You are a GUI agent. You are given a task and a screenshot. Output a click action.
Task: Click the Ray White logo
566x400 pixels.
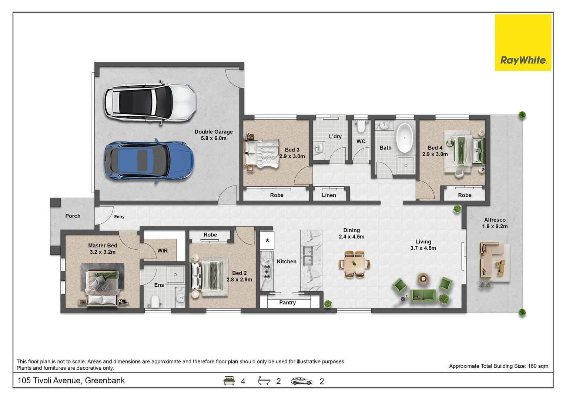click(523, 43)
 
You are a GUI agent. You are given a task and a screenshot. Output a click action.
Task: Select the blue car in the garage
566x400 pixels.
click(149, 161)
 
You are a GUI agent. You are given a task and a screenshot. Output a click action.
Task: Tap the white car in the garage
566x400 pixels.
click(150, 102)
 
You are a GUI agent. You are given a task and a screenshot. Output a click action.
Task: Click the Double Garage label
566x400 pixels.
click(214, 132)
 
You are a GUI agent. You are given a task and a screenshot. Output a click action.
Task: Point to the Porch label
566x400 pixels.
click(73, 216)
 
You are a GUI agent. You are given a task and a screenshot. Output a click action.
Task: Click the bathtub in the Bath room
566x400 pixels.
click(404, 138)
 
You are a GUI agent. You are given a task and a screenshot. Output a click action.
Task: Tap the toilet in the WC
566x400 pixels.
click(361, 126)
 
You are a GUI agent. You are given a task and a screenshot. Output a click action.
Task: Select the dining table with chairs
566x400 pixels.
click(355, 264)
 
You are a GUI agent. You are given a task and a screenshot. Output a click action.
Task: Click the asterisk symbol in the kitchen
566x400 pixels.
click(267, 241)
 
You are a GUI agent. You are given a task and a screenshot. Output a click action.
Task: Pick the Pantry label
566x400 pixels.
click(287, 302)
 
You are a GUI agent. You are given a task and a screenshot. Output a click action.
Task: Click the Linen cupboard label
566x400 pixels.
click(329, 195)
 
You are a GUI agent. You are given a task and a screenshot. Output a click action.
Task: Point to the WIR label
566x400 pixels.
click(163, 251)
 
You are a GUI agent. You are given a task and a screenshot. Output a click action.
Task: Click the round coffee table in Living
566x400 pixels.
click(422, 279)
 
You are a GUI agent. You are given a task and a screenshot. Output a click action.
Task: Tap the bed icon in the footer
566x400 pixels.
click(229, 381)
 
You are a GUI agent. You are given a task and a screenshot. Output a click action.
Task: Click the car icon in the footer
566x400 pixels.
click(301, 381)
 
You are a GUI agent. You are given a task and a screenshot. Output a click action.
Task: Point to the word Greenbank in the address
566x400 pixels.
click(105, 380)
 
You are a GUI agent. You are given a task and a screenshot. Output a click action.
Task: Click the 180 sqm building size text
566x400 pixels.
click(538, 366)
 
